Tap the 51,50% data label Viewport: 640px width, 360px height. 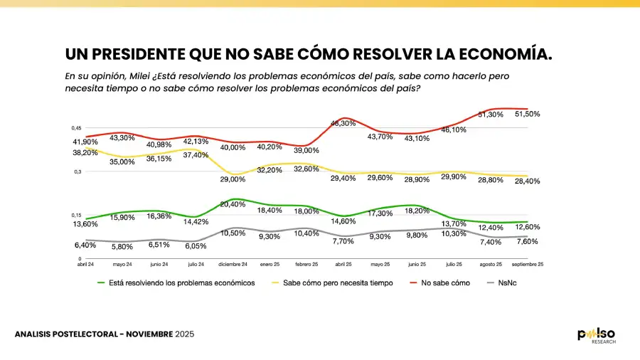526,114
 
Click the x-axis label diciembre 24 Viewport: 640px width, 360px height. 232,264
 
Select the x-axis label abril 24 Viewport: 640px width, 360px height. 86,264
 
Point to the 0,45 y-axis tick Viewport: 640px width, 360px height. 76,128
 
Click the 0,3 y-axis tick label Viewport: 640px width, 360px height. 78,171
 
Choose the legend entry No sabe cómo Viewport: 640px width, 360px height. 445,282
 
